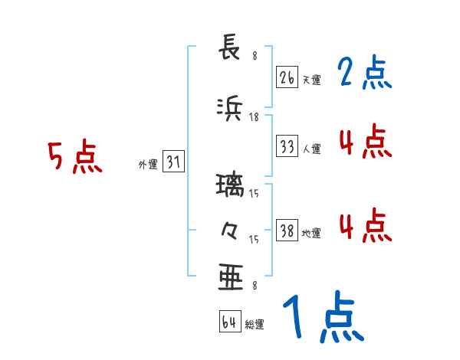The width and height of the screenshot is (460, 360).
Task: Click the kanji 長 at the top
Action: coord(231,49)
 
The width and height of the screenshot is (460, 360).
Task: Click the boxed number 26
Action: coord(287,77)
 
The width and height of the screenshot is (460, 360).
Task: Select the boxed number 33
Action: coord(287,146)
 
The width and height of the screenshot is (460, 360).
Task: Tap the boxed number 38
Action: coord(287,231)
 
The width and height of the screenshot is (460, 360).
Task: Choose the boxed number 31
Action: coord(173,162)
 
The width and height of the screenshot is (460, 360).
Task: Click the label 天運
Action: coord(311,80)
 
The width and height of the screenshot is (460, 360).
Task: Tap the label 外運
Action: coord(147,164)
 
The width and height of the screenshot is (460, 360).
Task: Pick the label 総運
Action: coord(255,325)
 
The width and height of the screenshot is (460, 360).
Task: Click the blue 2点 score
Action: coord(365,74)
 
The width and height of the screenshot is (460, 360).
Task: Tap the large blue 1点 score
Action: coord(322,319)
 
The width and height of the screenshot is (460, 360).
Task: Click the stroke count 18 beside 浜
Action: coord(255,116)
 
